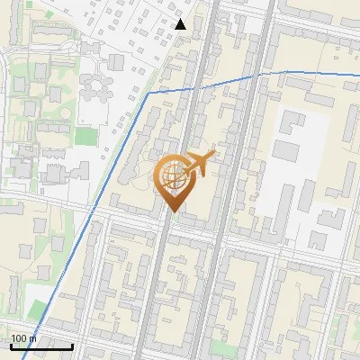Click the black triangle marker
[x=181, y=24]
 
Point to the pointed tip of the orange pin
[x=172, y=212]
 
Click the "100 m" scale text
[x=23, y=338]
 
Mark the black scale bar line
[x=41, y=346]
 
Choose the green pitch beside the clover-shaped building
[x=85, y=137]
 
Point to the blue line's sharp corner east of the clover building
[x=148, y=93]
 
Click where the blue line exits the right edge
[x=358, y=77]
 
